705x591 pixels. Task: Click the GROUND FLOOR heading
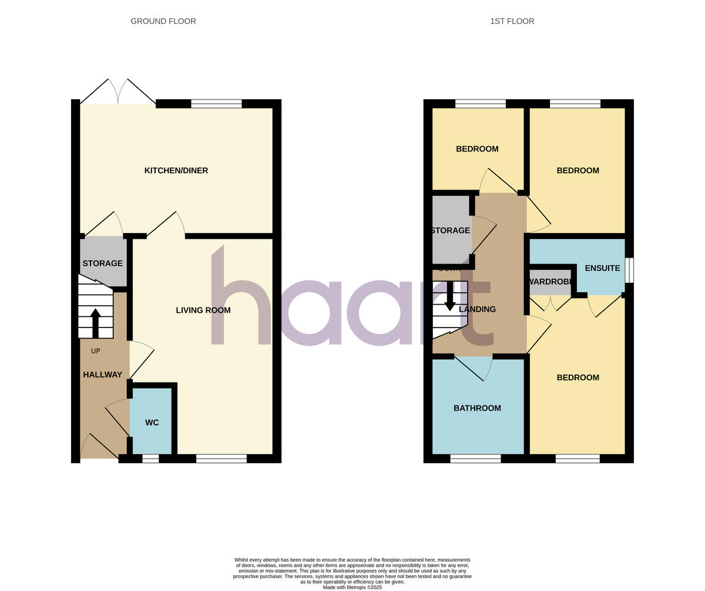163,21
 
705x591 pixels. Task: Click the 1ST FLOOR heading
512,21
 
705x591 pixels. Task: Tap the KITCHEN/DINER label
176,171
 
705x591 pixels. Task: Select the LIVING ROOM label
203,310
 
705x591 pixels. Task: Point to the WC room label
152,423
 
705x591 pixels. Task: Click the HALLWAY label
103,375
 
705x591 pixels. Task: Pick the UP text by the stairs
96,351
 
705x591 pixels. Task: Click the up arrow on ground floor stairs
95,322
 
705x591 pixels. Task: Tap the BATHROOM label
477,408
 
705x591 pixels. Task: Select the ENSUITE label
602,268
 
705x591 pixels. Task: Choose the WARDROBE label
550,282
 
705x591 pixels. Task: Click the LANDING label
477,309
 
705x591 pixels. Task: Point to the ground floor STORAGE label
103,264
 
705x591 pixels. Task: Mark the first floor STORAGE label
451,231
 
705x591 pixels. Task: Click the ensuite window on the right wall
629,270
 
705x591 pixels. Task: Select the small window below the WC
150,458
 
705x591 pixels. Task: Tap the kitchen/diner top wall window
216,104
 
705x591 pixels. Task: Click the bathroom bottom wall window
475,458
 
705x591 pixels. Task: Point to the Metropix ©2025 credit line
352,587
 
